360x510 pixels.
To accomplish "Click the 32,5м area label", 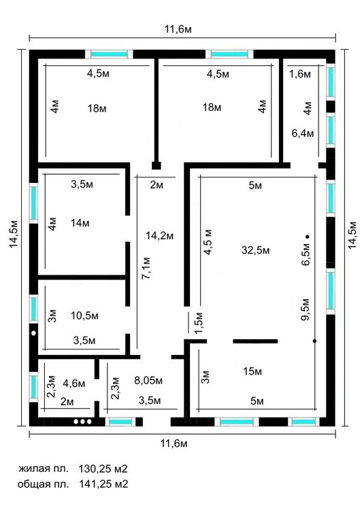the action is (x=255, y=250).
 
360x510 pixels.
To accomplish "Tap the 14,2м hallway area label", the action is (x=159, y=236).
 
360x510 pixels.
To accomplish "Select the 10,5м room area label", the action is (x=84, y=316).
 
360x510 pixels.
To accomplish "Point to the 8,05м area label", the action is (x=148, y=380).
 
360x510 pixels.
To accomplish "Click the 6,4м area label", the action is (x=303, y=133).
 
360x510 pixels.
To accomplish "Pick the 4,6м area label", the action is (x=74, y=384).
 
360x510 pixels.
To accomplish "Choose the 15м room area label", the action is (x=252, y=371).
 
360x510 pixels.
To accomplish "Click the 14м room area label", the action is (x=80, y=223).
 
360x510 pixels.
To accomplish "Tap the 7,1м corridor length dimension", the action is (x=146, y=269).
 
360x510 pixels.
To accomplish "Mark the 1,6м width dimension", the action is (x=300, y=74).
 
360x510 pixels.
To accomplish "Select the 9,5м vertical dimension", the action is (x=306, y=309).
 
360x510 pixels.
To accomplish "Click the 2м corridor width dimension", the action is (x=157, y=185).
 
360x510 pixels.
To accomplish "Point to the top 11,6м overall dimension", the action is (x=178, y=29).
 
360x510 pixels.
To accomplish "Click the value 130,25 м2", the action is (x=103, y=469).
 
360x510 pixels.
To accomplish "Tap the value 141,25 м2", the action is (x=103, y=484).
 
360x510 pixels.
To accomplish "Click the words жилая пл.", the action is (x=44, y=469).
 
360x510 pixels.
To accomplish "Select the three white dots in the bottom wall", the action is (x=82, y=422).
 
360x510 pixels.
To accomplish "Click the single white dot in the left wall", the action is (x=33, y=333).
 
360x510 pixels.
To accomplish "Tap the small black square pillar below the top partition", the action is (x=157, y=166).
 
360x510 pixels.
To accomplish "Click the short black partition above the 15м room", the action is (x=255, y=341).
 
